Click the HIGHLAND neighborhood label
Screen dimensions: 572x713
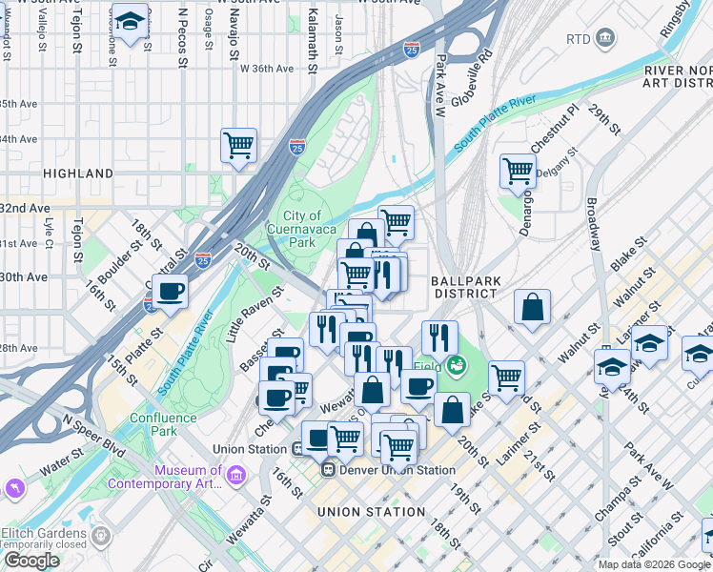click(x=77, y=174)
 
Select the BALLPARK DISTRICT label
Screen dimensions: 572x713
click(x=464, y=287)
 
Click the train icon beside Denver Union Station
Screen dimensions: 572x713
click(x=327, y=469)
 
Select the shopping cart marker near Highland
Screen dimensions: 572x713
click(x=238, y=146)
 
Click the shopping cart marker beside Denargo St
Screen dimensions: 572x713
click(x=518, y=171)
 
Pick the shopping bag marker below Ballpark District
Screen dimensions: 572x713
click(x=533, y=306)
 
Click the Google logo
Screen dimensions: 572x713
click(x=31, y=561)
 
